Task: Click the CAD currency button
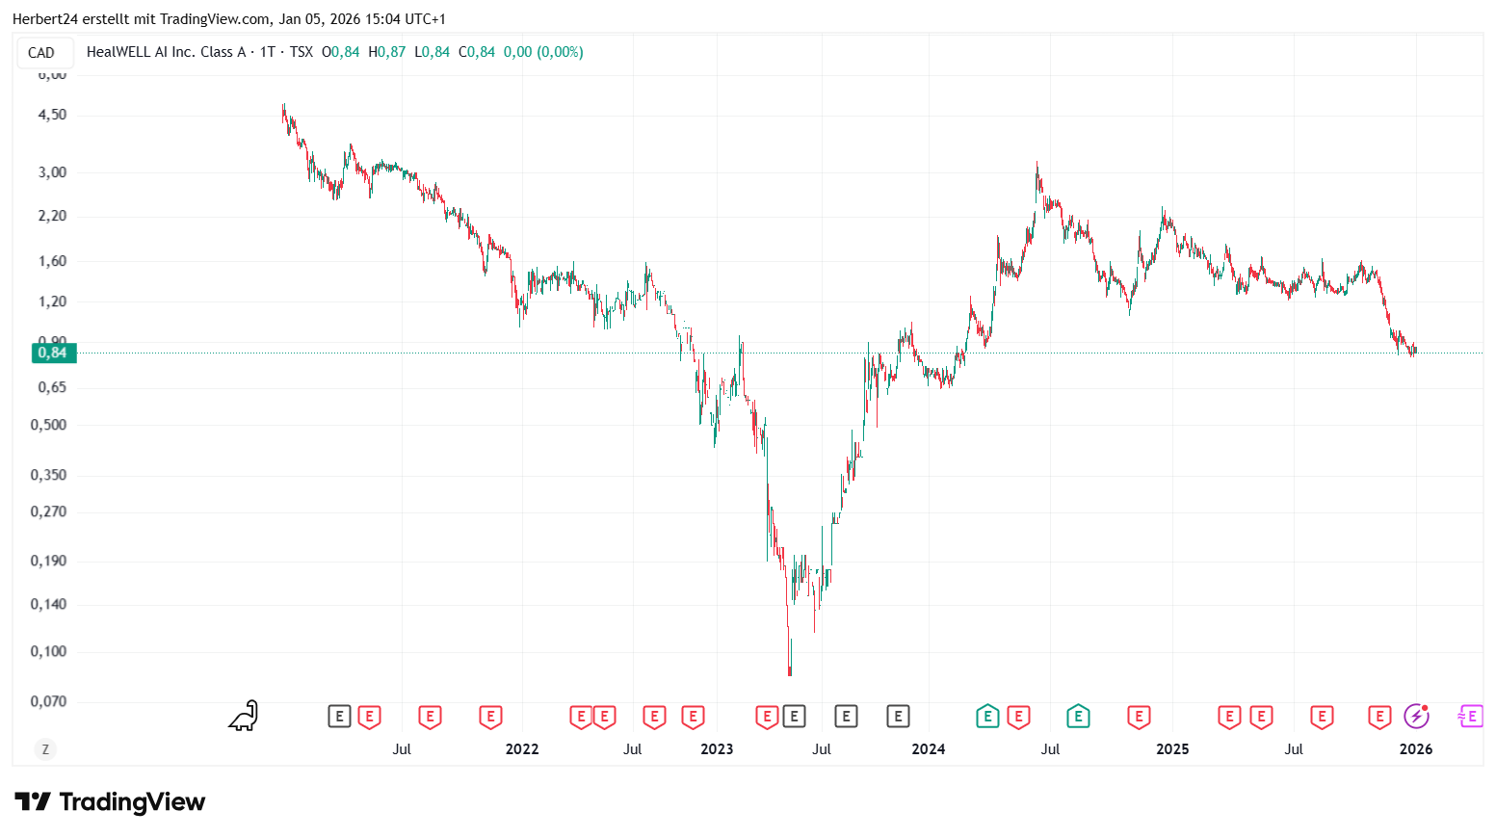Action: [41, 53]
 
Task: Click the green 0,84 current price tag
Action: [54, 353]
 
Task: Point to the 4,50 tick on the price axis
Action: [52, 115]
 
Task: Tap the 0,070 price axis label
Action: [48, 701]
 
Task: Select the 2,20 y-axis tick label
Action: [52, 216]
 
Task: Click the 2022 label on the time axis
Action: [522, 749]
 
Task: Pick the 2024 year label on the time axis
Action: [928, 749]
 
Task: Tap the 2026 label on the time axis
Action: [1415, 749]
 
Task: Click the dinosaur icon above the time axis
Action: [244, 716]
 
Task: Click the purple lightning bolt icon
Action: [1415, 716]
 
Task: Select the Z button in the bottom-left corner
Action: [44, 749]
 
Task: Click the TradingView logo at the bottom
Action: [111, 802]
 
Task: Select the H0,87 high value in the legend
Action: [387, 52]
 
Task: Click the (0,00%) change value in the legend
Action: [560, 52]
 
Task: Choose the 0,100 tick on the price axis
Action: [48, 651]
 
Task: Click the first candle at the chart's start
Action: [282, 113]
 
